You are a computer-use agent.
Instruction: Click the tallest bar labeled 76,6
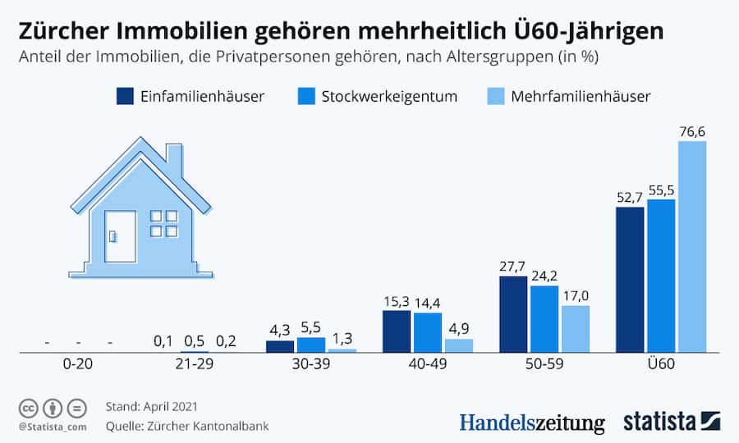tap(691, 246)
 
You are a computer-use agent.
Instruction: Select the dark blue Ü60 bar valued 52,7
tap(629, 279)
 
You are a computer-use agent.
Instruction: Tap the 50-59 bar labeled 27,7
tap(512, 314)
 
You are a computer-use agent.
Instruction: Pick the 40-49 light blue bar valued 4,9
tap(459, 345)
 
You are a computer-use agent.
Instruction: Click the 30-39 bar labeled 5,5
tap(311, 344)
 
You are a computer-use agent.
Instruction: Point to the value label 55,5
tap(660, 190)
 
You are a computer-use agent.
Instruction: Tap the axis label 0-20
tap(79, 365)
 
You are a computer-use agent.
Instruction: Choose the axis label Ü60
tap(660, 365)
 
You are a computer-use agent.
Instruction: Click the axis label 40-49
tap(428, 365)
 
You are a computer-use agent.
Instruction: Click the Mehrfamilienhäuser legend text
tap(581, 96)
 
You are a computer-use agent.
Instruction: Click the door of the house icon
tap(121, 235)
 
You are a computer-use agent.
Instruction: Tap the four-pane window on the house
tap(163, 223)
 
